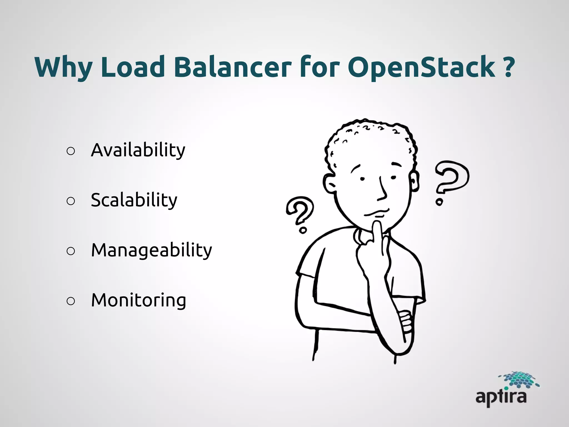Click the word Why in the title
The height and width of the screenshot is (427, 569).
pos(63,67)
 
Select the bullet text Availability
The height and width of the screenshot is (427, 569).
pos(138,150)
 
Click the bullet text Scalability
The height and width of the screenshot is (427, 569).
pos(134,200)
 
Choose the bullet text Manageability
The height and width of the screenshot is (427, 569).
pos(151,250)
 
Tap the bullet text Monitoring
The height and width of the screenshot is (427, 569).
pos(138,301)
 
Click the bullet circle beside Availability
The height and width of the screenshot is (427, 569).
pos(71,151)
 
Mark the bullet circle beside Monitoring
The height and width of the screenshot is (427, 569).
pos(71,301)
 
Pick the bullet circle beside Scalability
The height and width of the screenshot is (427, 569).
pos(71,201)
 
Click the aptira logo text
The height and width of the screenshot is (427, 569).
pos(501,397)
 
